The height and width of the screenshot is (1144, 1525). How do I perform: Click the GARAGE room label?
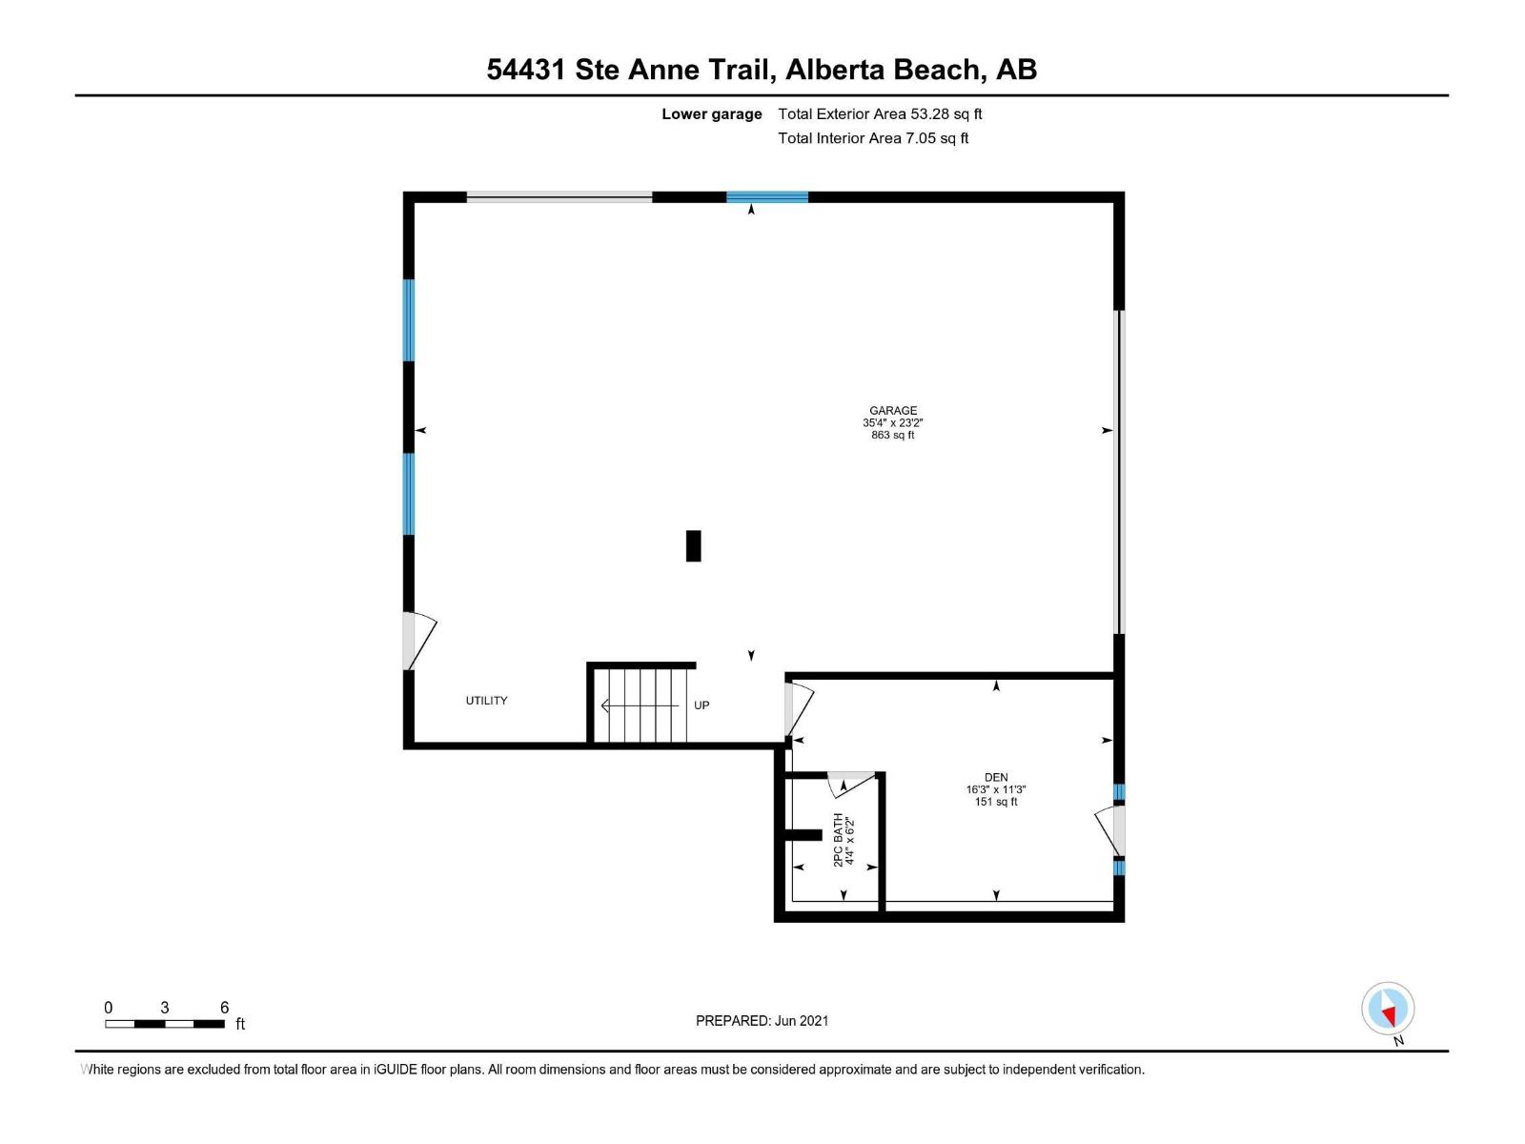point(893,411)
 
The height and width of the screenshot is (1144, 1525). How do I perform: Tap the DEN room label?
point(996,778)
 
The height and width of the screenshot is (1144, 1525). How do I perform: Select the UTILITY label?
point(486,701)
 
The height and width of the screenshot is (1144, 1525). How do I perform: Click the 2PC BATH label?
point(839,840)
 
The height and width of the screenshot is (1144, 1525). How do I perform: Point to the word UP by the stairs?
point(701,705)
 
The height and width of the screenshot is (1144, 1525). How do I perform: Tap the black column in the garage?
point(694,546)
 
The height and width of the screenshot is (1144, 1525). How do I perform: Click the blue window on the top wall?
point(767,197)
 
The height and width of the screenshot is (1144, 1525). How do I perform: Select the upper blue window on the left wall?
point(409,320)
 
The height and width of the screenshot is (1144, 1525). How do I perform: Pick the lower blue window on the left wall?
point(409,494)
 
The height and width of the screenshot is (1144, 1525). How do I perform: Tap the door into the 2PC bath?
point(851,783)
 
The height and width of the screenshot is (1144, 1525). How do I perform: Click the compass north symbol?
point(1388,1009)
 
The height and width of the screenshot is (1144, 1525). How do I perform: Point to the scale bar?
point(165,1024)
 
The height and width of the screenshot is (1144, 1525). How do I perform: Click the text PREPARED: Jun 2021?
point(762,1021)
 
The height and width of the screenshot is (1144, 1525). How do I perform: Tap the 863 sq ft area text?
point(893,436)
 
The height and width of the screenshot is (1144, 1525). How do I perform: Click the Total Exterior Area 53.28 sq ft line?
point(880,114)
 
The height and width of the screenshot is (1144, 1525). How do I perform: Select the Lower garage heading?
point(712,114)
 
